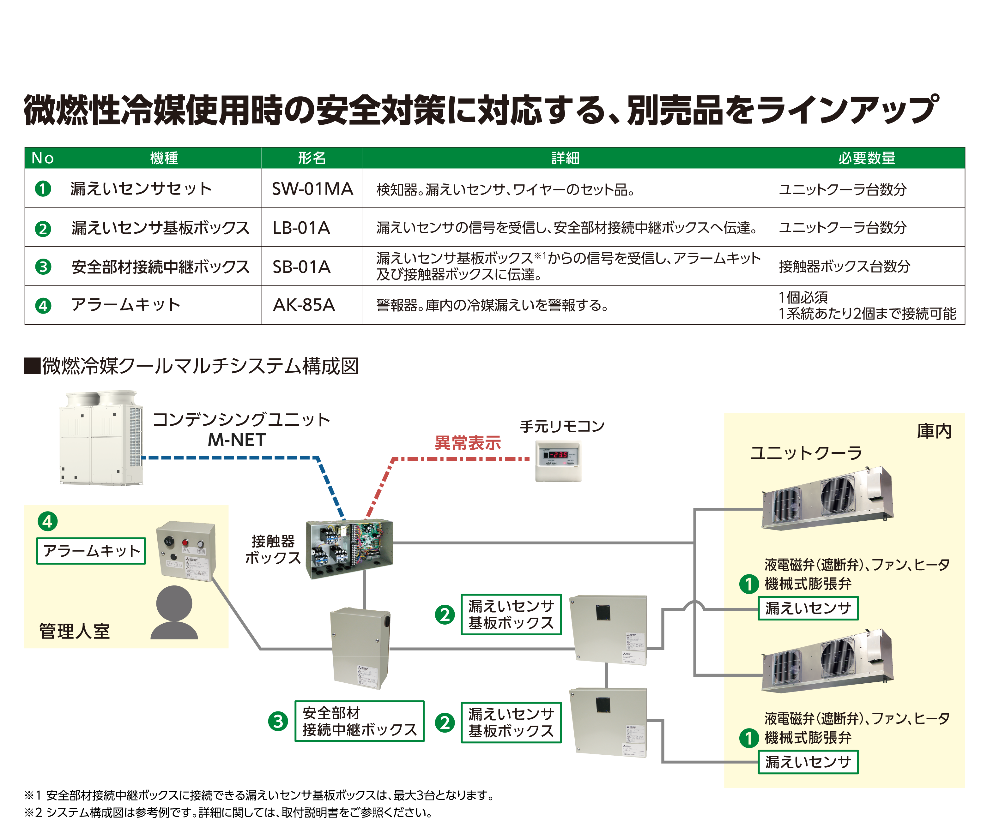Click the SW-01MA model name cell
(312, 189)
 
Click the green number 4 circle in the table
(43, 306)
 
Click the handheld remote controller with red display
(558, 460)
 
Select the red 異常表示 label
(467, 443)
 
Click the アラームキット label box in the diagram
(91, 551)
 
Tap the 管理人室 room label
(74, 631)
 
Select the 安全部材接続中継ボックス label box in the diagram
(360, 721)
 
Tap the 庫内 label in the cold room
(934, 431)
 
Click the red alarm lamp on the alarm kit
(185, 542)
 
